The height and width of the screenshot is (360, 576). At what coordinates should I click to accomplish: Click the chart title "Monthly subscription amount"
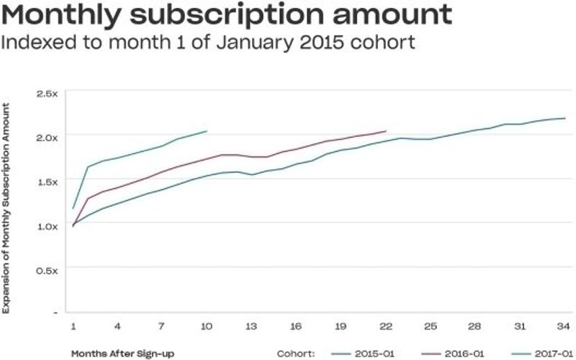tap(227, 14)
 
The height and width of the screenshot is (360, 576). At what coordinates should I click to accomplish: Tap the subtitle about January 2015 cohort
tap(208, 42)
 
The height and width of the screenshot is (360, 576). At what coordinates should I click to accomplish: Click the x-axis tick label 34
tap(562, 325)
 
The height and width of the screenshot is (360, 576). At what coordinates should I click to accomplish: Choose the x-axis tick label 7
tap(161, 325)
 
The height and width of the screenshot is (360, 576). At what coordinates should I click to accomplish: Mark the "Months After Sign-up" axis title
tap(122, 354)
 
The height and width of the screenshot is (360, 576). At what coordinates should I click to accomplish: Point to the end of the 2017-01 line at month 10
tap(207, 131)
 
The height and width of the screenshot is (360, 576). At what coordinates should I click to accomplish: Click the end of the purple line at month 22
tap(386, 131)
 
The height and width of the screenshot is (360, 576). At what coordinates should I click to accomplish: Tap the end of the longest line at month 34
tap(564, 118)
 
